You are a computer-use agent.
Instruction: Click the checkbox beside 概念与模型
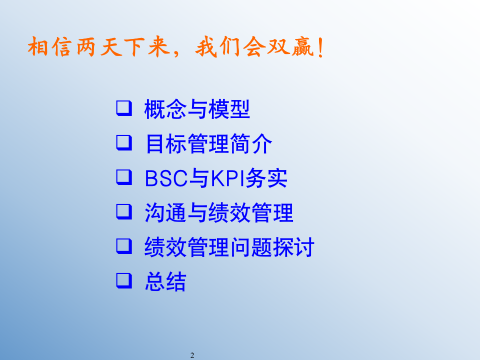[x=123, y=107]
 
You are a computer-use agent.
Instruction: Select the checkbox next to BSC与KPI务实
[x=123, y=177]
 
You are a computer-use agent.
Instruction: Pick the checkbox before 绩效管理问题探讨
[x=123, y=246]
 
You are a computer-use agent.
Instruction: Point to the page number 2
[x=192, y=355]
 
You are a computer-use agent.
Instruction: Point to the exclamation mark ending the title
[x=319, y=48]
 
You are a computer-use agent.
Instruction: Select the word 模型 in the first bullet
[x=229, y=109]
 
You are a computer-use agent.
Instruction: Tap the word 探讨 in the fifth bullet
[x=294, y=248]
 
